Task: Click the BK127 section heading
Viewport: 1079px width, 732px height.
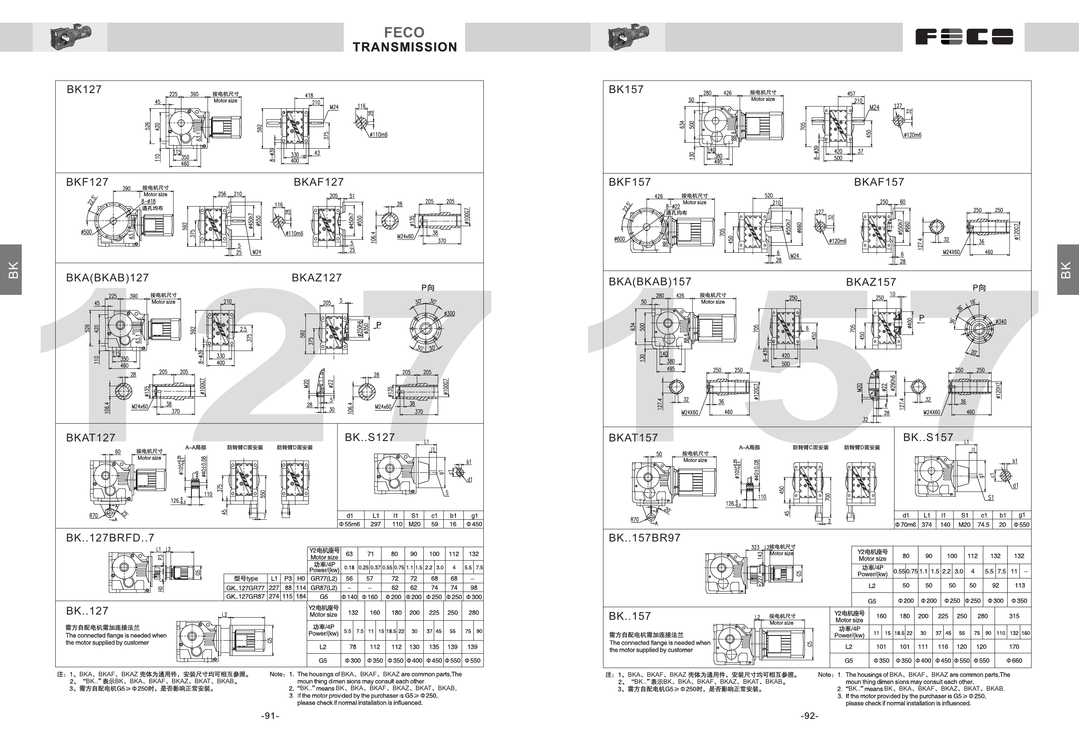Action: point(84,90)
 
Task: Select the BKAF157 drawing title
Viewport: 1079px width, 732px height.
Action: point(879,182)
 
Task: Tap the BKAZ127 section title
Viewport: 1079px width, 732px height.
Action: point(317,277)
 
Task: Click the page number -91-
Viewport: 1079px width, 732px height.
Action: point(270,716)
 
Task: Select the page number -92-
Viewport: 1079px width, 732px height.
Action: point(809,716)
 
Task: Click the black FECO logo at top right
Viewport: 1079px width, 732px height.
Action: point(964,37)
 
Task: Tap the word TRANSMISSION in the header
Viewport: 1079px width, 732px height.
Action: point(405,47)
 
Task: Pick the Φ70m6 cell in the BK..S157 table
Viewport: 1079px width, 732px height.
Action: point(905,525)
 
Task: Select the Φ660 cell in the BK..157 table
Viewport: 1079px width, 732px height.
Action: point(1014,661)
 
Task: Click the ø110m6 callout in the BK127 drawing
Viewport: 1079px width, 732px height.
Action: point(379,134)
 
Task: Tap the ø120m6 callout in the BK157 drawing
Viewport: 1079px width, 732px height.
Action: point(912,135)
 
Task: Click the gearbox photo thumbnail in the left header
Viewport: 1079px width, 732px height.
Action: point(70,37)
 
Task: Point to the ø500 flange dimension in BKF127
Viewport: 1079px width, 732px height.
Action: point(86,232)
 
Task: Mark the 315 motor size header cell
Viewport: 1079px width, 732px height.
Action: point(1014,616)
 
